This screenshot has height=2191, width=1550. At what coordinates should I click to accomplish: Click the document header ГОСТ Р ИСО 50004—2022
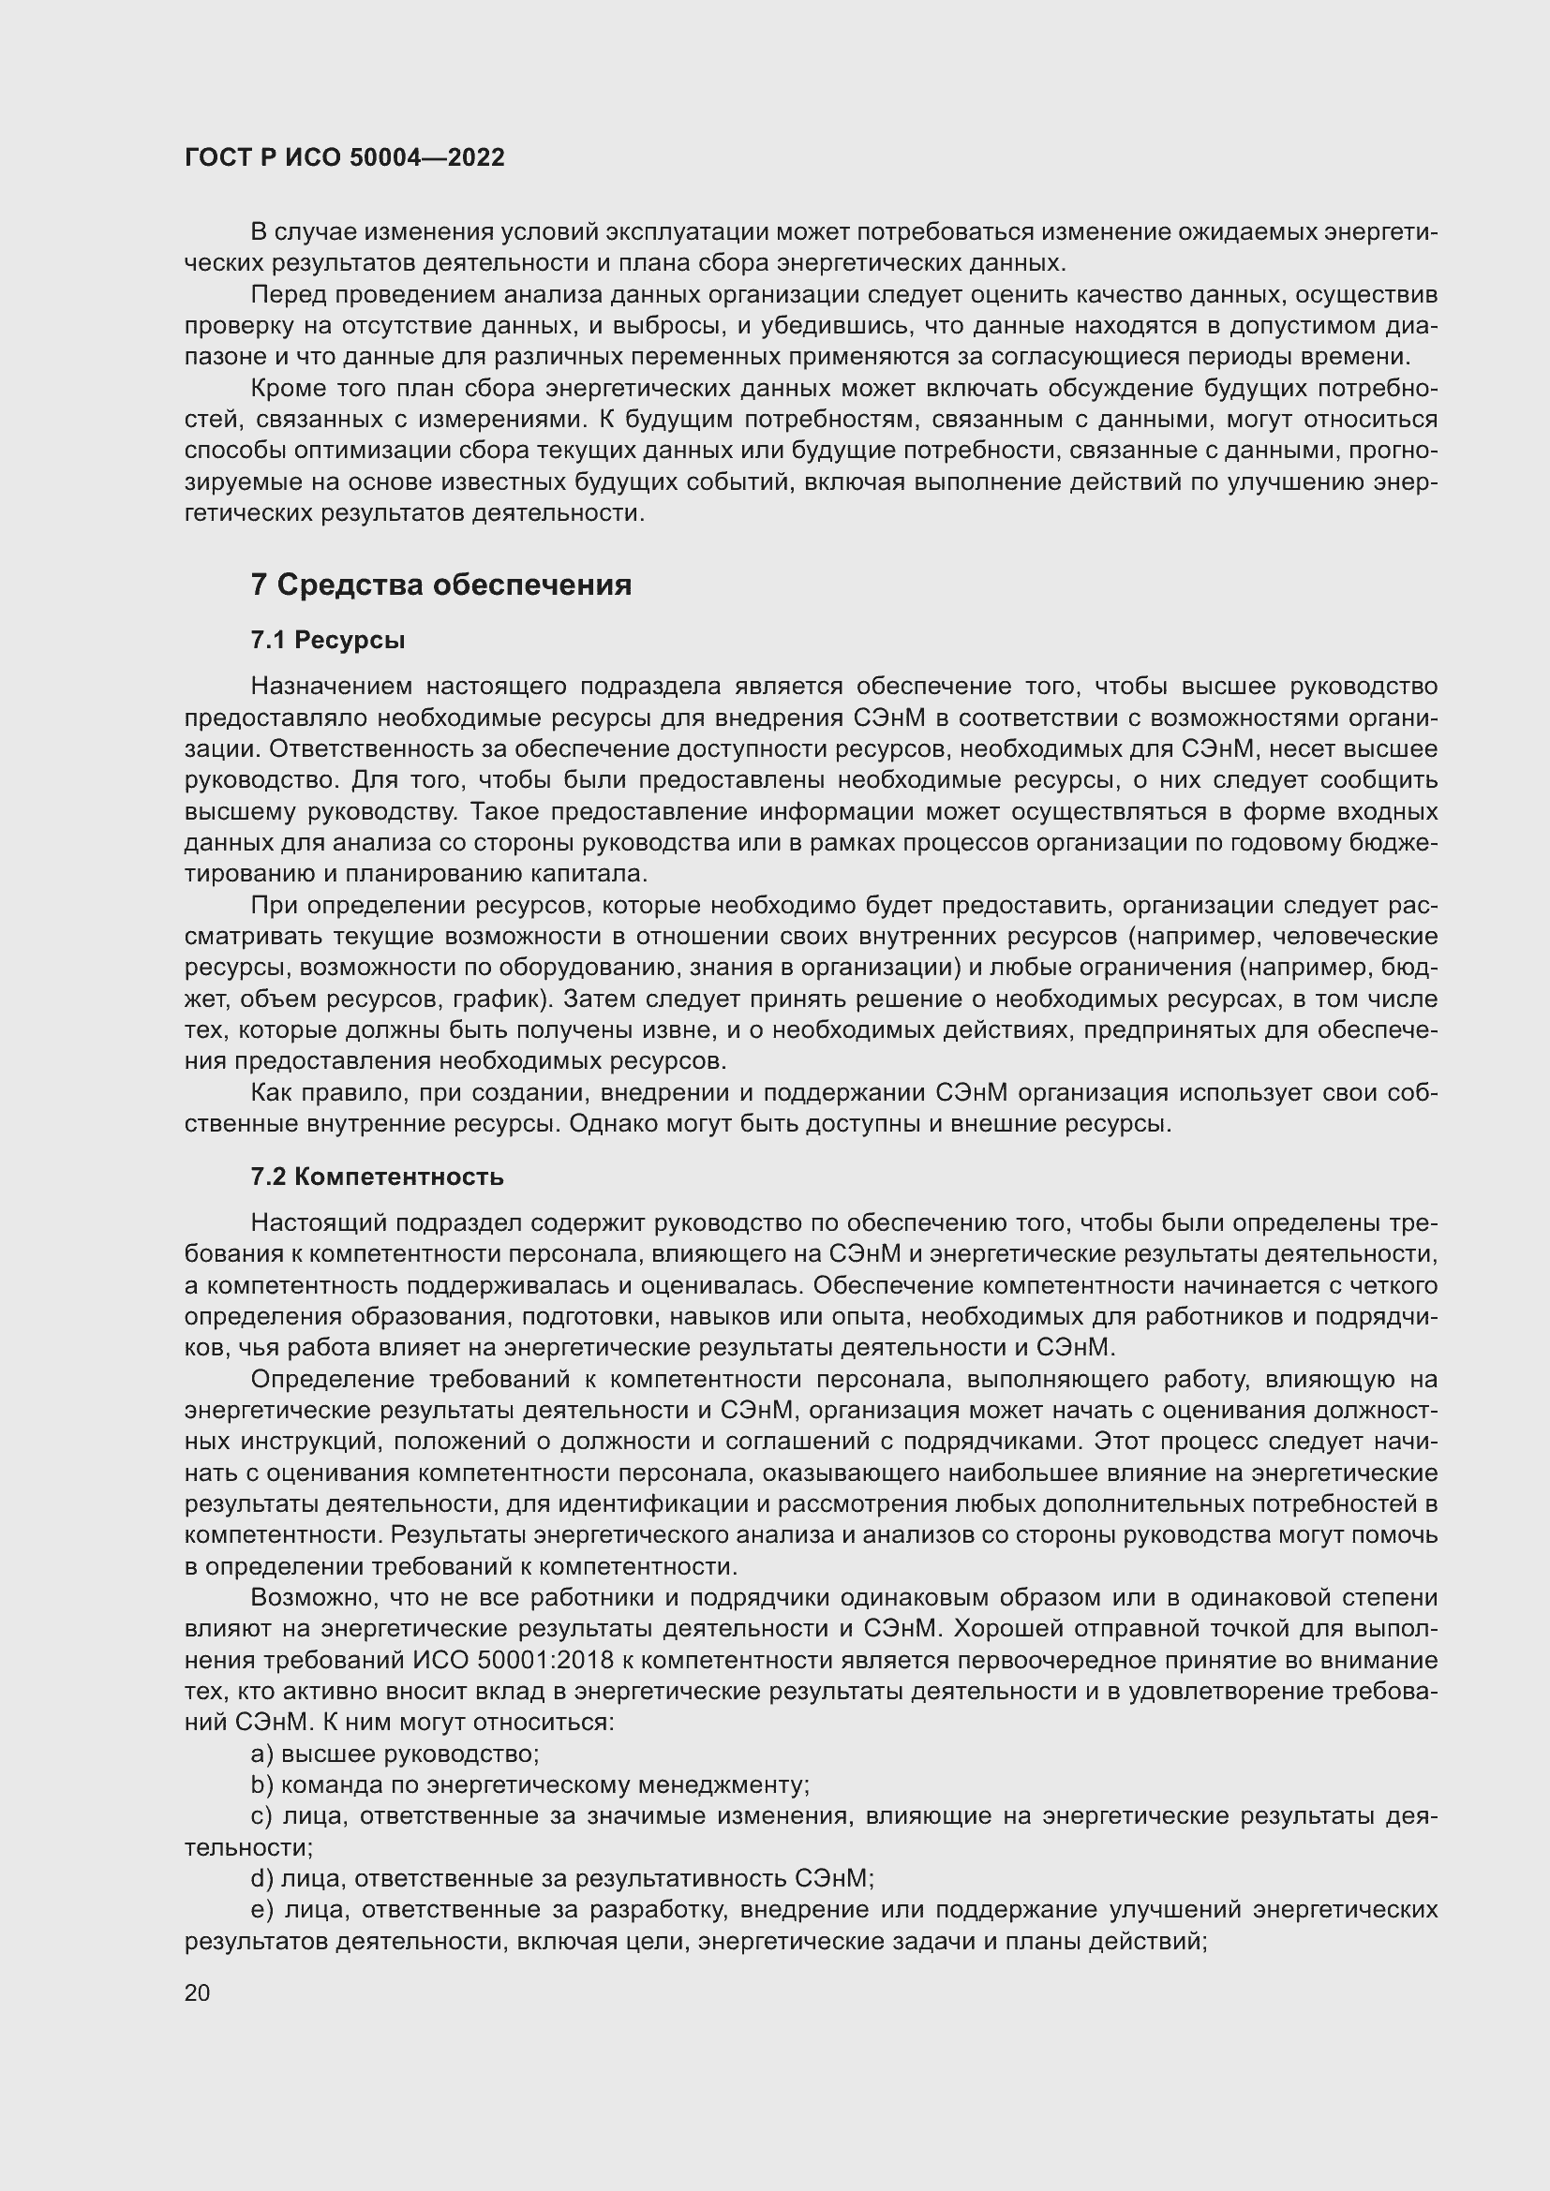[345, 157]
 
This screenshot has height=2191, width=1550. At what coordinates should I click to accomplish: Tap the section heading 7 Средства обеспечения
[441, 584]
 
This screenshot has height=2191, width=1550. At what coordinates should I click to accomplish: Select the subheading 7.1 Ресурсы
[327, 641]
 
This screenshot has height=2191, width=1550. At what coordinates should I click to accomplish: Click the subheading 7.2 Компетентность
[377, 1177]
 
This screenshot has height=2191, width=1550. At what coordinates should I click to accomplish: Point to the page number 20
[197, 1992]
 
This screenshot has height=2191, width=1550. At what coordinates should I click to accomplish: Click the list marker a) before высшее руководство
[261, 1754]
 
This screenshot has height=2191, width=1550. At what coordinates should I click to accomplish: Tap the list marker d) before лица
[261, 1878]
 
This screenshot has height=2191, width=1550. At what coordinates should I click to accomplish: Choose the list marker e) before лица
[261, 1909]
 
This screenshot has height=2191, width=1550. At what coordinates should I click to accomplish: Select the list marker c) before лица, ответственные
[261, 1816]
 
